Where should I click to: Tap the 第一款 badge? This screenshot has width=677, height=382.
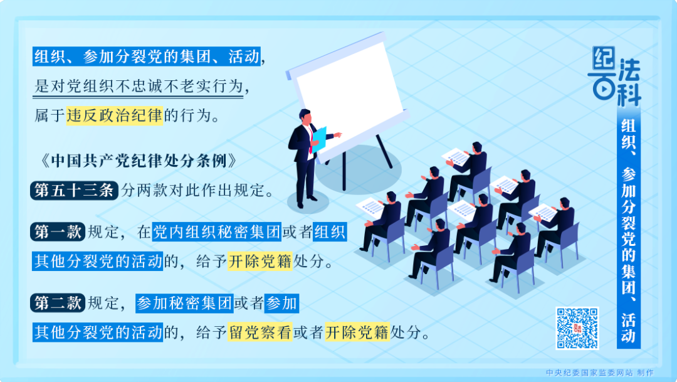[56, 232]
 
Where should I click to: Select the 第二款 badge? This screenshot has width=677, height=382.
[56, 304]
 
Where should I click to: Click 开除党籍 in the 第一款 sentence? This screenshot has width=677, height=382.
[260, 261]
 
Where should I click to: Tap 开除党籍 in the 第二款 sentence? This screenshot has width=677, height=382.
[357, 332]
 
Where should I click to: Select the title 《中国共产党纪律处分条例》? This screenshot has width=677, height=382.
[137, 161]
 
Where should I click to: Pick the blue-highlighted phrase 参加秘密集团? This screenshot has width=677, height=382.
[184, 304]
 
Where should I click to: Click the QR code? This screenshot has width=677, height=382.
[577, 327]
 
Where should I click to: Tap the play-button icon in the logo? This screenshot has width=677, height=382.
[602, 88]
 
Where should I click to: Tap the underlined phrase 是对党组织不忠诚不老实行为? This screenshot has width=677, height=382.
[138, 87]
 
